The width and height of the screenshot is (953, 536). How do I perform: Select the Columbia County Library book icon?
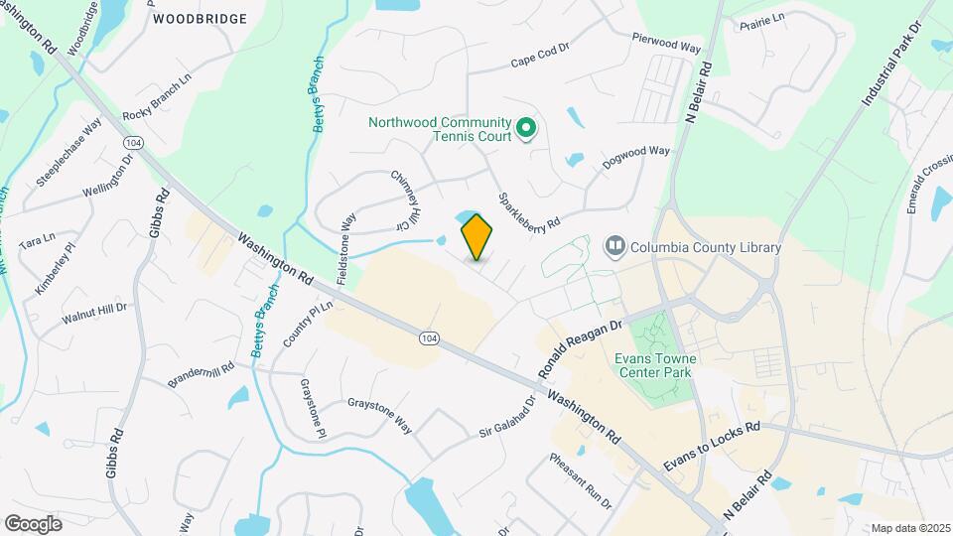[615, 245]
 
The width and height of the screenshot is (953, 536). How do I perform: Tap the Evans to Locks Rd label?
[711, 446]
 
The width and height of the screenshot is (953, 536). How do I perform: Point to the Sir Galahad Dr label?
[507, 416]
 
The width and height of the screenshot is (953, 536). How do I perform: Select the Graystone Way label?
[379, 416]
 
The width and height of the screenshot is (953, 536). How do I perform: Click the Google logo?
[33, 523]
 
